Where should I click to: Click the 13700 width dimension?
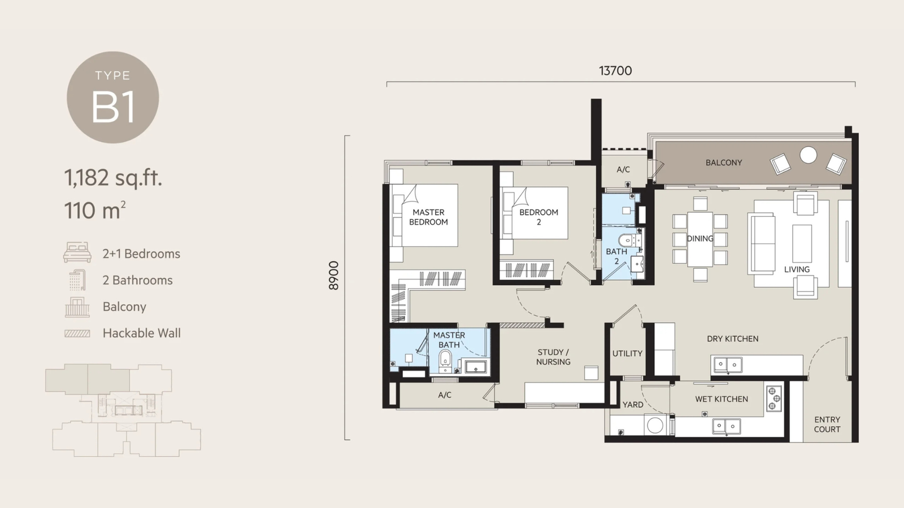coord(615,71)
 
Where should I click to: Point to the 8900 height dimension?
coord(334,275)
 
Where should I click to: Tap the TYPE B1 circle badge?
coord(112,97)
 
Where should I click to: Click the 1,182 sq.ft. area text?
coord(113,178)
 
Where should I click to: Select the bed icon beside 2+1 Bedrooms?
coord(77,252)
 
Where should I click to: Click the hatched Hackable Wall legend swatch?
coord(77,334)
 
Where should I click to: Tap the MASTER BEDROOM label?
coord(428,217)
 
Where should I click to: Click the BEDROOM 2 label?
coord(538,217)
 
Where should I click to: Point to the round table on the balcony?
coord(809,155)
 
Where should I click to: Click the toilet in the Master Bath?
coord(445,360)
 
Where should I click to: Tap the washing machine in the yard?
coord(655,425)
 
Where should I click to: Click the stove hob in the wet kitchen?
coord(773,398)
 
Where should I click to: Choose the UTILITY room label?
coord(627,353)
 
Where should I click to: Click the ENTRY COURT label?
coord(827,424)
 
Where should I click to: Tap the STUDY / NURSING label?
coord(553,357)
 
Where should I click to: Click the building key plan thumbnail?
coord(123,410)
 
